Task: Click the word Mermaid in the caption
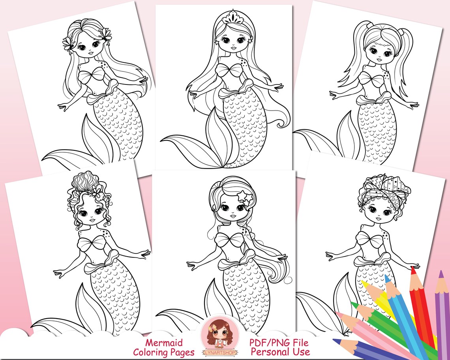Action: click(x=163, y=343)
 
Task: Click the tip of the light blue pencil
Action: click(x=387, y=277)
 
